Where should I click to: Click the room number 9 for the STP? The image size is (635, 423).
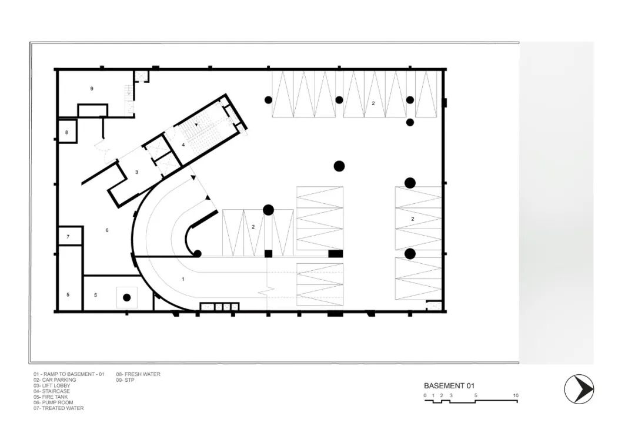coord(92,89)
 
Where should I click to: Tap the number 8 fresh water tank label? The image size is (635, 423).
coord(67,132)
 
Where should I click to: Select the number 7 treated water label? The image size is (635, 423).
coord(68,237)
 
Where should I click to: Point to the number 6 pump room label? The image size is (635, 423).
coord(107,230)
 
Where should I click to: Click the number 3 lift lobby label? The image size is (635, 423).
coord(136,172)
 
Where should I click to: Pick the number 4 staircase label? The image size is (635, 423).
coord(183,145)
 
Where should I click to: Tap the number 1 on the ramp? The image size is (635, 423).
coord(183,279)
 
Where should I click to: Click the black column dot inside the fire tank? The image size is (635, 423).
coord(127,297)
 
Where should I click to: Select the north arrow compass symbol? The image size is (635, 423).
coord(579,390)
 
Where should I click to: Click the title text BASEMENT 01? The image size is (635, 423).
coord(449,386)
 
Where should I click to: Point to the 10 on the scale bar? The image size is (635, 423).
coord(516,395)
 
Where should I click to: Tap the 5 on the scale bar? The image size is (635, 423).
coord(476,395)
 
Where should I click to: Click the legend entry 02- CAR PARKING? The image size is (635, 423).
coord(55,380)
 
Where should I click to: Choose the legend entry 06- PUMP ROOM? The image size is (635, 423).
coord(54,403)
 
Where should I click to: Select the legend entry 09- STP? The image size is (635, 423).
coord(125,380)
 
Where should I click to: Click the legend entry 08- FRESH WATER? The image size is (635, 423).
coord(138,374)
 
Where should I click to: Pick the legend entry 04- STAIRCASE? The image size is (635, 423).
coord(51,391)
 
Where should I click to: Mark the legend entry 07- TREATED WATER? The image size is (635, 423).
coord(59,408)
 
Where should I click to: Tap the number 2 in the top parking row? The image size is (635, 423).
coord(373,103)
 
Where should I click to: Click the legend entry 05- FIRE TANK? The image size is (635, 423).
coord(51,397)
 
